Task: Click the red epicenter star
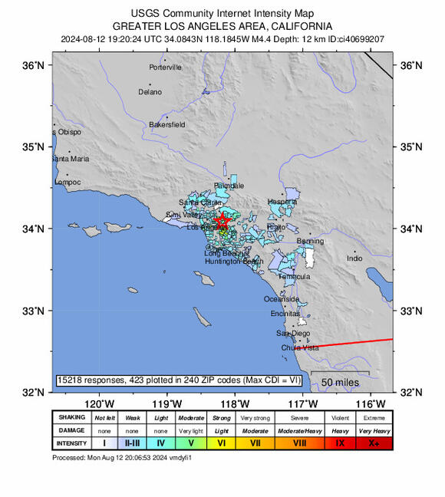[x=222, y=222]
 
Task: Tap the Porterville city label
[x=166, y=67]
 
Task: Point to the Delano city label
[x=150, y=92]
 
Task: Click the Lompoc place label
[x=67, y=183]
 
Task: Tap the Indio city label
[x=354, y=258]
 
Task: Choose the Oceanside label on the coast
[x=281, y=299]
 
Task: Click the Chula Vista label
[x=300, y=347]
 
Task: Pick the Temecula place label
[x=294, y=276]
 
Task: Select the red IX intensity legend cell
[x=340, y=443]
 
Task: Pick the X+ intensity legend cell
[x=374, y=443]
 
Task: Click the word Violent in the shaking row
[x=340, y=417]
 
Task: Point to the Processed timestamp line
[x=121, y=458]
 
